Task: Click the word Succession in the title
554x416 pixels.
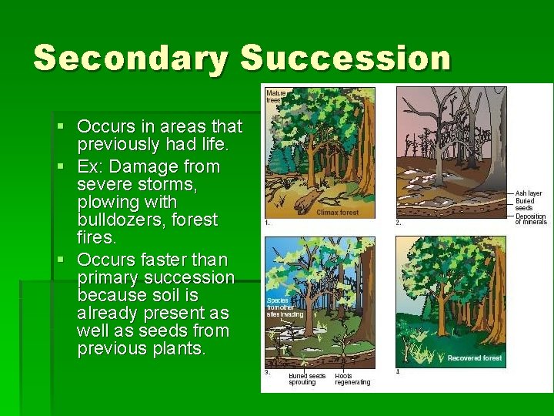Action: tap(345, 59)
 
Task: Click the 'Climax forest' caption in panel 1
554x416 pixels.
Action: tap(337, 212)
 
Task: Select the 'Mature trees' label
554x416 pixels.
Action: tap(275, 96)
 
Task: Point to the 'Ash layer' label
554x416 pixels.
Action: tap(529, 193)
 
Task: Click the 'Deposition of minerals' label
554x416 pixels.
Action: tap(530, 219)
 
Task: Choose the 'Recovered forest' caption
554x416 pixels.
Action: tap(475, 358)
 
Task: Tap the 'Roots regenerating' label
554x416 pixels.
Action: tap(352, 379)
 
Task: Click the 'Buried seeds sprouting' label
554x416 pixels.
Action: tap(307, 379)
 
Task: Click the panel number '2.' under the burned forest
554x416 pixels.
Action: tap(399, 222)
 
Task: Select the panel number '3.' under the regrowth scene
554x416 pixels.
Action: tap(267, 372)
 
